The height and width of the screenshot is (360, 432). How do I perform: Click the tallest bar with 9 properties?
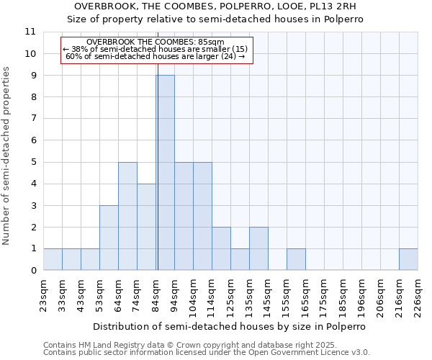[x=165, y=173]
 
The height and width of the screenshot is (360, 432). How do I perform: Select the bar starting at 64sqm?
[x=127, y=216]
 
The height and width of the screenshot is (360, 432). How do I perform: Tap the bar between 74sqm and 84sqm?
[x=146, y=227]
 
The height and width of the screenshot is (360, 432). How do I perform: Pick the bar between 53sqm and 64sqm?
[x=109, y=238]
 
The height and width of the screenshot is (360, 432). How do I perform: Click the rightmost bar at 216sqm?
[x=408, y=259]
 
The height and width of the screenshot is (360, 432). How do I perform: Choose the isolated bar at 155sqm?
[x=296, y=259]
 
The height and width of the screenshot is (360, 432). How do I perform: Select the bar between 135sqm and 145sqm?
[x=258, y=248]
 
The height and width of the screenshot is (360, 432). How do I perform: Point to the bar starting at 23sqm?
[x=53, y=259]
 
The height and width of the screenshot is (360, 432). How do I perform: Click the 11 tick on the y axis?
[x=30, y=32]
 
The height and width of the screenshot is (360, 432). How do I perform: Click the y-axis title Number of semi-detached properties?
[x=7, y=156]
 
